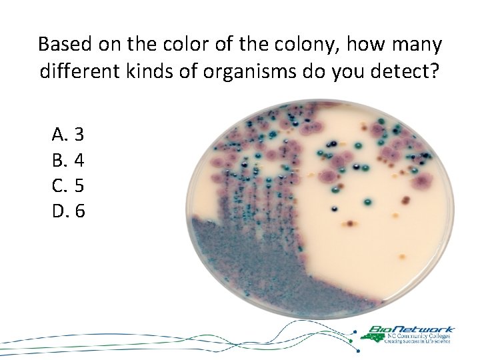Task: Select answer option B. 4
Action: pyautogui.click(x=67, y=160)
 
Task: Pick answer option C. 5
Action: pyautogui.click(x=67, y=186)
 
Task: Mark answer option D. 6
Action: pyautogui.click(x=67, y=211)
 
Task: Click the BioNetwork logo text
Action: pyautogui.click(x=411, y=329)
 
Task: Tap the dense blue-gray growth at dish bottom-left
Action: pyautogui.click(x=247, y=267)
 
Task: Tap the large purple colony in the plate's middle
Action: pyautogui.click(x=329, y=176)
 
